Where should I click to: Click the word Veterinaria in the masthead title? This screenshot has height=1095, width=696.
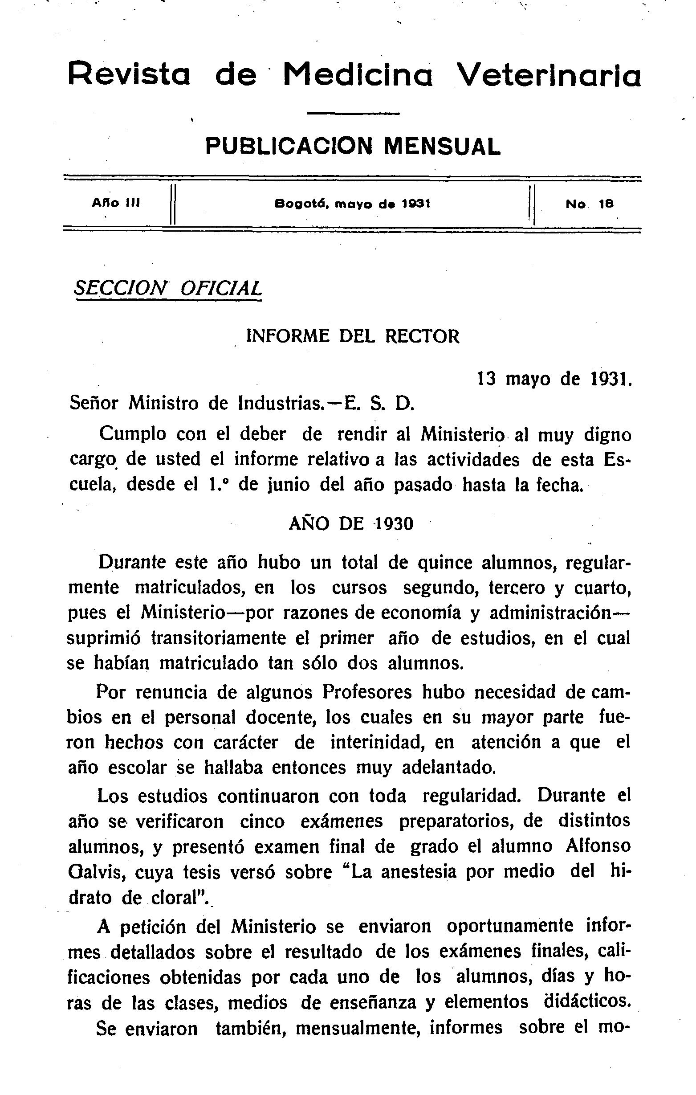pyautogui.click(x=548, y=74)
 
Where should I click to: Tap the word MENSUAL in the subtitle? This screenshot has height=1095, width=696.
pyautogui.click(x=442, y=147)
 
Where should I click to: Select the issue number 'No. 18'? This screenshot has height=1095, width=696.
pyautogui.click(x=590, y=204)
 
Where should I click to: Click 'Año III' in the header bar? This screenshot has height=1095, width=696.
pyautogui.click(x=116, y=204)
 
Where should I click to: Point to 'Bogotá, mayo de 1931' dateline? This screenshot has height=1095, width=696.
pyautogui.click(x=352, y=204)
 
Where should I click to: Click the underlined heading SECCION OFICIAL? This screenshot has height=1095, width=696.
pyautogui.click(x=168, y=288)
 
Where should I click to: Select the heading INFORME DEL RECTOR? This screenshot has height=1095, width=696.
pyautogui.click(x=352, y=336)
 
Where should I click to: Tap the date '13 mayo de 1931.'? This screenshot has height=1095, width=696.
pyautogui.click(x=554, y=378)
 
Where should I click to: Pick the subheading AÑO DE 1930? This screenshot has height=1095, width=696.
pyautogui.click(x=351, y=524)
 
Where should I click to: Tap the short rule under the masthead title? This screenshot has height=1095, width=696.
pyautogui.click(x=353, y=113)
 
